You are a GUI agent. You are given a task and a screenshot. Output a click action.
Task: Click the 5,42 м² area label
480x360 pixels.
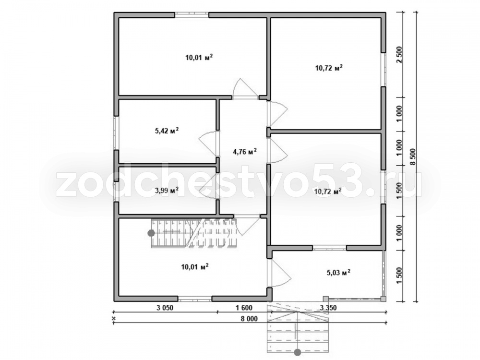(x=167, y=131)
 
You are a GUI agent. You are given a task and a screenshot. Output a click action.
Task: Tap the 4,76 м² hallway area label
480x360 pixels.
(x=245, y=151)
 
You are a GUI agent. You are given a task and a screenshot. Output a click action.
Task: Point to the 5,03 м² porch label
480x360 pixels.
(x=338, y=272)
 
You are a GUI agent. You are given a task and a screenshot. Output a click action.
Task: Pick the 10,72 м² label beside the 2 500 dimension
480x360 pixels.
(x=329, y=68)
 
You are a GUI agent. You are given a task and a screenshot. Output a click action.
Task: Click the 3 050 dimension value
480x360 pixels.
(x=165, y=308)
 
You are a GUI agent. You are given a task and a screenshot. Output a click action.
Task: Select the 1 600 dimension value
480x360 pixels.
(x=244, y=308)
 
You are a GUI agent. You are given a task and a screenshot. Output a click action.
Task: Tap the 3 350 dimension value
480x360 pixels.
(x=328, y=308)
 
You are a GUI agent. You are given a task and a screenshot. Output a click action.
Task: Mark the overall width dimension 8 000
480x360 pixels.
(x=249, y=319)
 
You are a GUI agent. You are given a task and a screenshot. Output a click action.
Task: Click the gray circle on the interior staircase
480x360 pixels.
(x=151, y=233)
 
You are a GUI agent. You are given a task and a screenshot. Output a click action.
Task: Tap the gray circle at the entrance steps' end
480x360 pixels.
(x=297, y=353)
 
